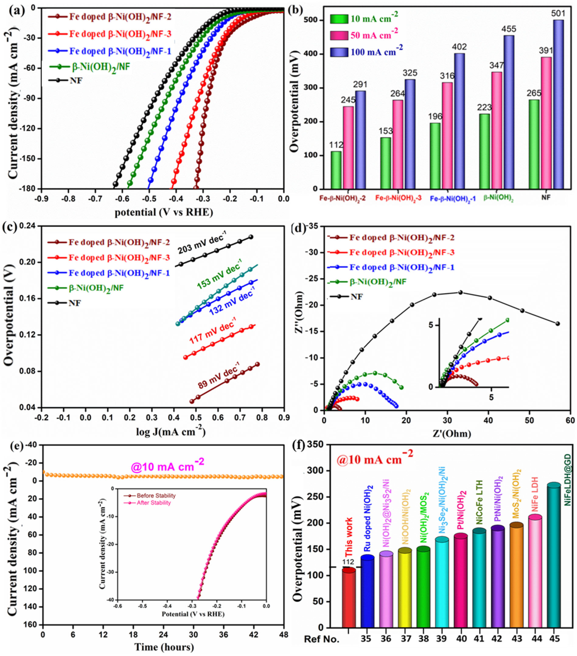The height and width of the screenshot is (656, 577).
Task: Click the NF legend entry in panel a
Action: click(76, 80)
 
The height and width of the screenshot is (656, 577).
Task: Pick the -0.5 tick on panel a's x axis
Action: click(149, 199)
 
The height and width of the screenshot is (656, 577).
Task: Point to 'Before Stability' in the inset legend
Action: click(156, 496)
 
